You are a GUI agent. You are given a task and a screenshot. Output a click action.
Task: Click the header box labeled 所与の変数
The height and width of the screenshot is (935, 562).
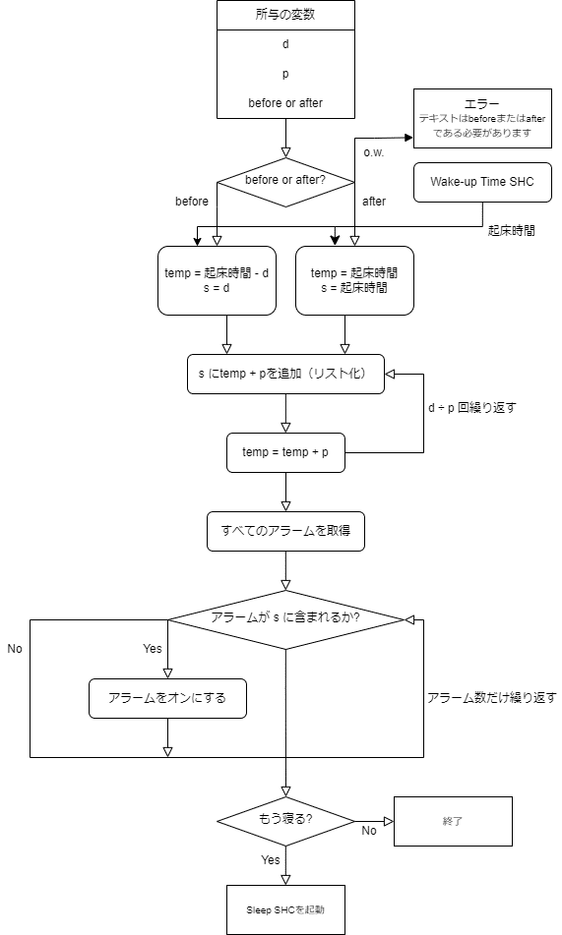point(285,15)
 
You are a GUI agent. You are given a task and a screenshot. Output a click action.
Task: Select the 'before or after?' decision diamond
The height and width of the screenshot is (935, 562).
point(285,182)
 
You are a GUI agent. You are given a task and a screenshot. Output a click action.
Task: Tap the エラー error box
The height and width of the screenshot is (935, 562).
point(482,118)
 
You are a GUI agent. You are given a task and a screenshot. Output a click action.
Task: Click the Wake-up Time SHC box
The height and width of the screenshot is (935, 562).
point(482,182)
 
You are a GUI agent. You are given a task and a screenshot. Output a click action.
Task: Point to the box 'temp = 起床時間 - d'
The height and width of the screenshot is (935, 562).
point(217,280)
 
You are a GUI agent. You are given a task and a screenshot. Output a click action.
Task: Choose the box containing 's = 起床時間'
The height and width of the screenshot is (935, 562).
point(354,280)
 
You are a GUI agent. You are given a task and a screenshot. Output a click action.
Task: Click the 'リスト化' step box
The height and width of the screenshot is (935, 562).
point(285,374)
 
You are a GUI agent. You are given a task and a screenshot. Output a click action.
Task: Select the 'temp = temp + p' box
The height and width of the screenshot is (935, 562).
point(285,452)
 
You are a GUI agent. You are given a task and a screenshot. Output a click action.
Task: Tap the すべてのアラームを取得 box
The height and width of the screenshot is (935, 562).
point(285,531)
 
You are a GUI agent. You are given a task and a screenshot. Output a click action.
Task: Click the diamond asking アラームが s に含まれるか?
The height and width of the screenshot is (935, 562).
point(285,619)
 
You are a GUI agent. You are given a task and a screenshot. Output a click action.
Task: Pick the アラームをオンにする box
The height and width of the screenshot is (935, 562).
point(167,698)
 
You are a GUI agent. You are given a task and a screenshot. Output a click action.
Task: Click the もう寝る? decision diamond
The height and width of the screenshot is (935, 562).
point(285,821)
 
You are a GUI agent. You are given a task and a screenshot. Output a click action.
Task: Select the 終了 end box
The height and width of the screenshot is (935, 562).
point(453,821)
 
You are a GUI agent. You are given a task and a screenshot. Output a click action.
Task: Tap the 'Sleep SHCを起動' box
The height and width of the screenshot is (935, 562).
point(285,910)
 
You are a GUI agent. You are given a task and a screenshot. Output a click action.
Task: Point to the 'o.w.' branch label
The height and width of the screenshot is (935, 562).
point(374,152)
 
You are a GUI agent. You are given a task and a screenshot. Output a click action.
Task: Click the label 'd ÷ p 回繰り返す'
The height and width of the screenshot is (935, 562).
point(471,408)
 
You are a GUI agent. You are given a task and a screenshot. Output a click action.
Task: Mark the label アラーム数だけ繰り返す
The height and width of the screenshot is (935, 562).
point(491,698)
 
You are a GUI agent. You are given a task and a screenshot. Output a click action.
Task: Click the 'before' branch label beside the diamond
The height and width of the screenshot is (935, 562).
point(192,202)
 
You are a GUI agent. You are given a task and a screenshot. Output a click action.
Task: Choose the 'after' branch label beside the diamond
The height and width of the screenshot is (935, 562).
point(374,202)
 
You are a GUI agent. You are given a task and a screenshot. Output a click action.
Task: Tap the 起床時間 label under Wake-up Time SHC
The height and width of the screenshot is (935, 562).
point(511,231)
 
